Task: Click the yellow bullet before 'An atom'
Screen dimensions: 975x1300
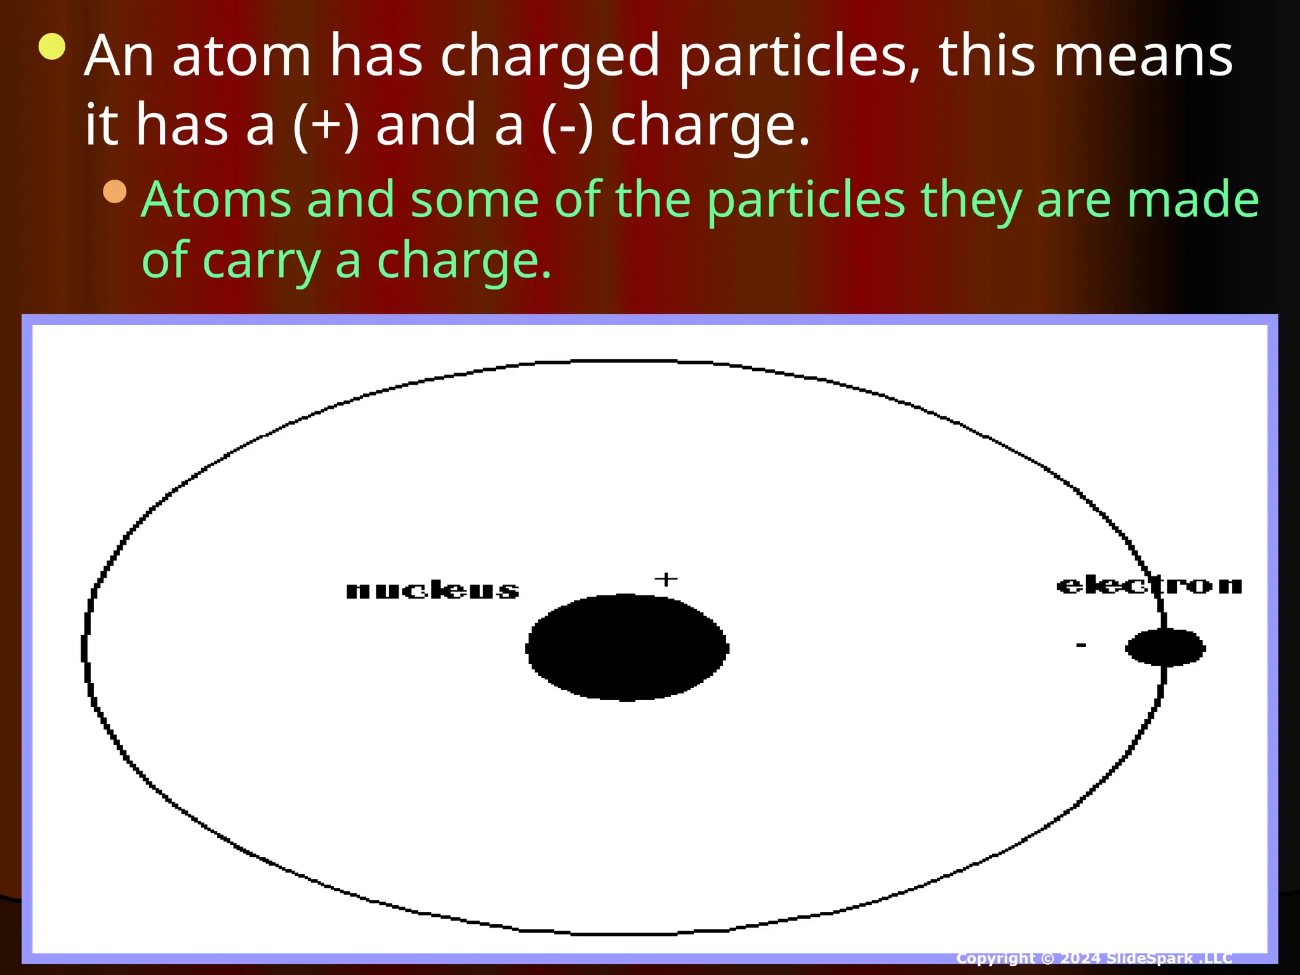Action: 52,47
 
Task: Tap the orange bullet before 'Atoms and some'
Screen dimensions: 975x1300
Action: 115,191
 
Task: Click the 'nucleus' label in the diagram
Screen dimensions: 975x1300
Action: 432,591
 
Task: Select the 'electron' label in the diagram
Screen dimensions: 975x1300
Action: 1149,585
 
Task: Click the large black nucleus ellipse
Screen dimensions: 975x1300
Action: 627,647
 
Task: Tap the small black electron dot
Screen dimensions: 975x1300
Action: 1165,647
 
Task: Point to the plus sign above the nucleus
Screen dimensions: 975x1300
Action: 666,579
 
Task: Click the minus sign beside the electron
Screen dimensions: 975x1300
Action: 1081,646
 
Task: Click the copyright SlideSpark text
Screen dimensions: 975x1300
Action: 1094,958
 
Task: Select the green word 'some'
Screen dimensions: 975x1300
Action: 474,200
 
